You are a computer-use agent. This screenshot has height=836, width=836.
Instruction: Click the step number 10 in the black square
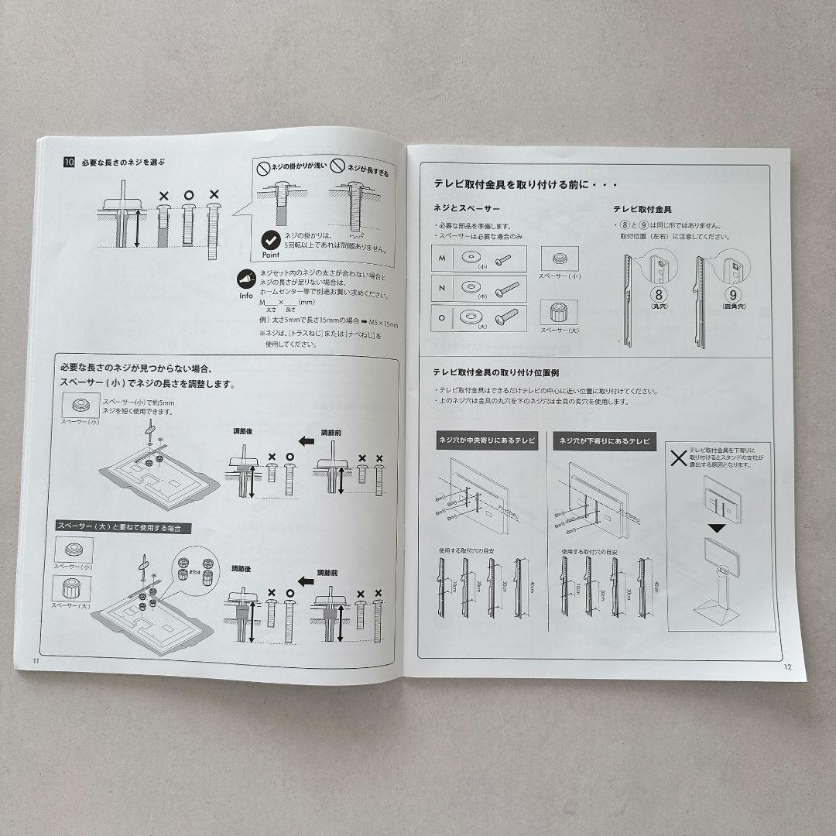69,163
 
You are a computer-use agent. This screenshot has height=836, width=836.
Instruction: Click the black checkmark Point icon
270,240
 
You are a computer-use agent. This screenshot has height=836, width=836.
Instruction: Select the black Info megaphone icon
247,279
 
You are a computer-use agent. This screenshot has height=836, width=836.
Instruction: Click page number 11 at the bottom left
35,660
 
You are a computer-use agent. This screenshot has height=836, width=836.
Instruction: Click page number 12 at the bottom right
787,667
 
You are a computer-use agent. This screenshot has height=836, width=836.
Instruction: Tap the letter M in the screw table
442,258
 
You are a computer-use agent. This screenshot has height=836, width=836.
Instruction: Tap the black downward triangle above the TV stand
718,528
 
